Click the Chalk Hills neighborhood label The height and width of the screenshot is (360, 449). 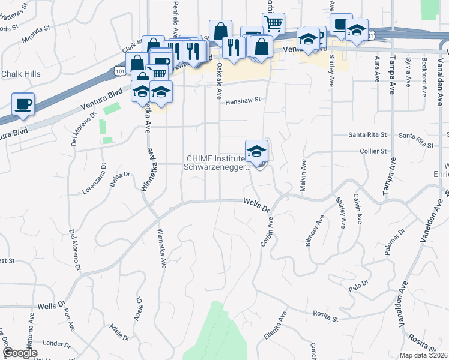coord(20,74)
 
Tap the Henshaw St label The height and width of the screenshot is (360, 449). coord(245,101)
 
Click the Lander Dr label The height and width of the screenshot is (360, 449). coord(57,344)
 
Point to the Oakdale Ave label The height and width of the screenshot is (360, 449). coord(219,72)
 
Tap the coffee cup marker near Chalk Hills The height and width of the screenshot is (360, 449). coord(23,104)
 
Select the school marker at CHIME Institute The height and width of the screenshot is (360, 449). coord(256,151)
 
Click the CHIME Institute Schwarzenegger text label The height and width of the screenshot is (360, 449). coord(217,163)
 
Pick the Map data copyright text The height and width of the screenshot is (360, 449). coord(423,355)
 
